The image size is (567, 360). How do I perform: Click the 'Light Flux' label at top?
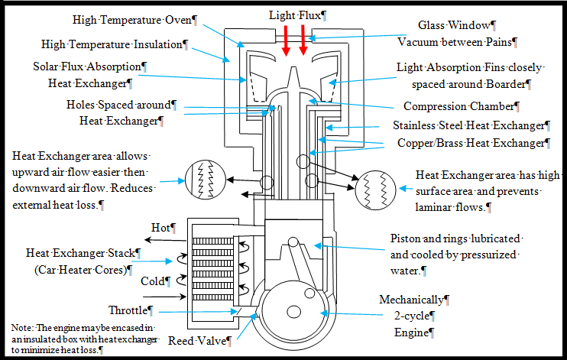(x=296, y=15)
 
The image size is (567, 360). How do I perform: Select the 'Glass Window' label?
(x=456, y=26)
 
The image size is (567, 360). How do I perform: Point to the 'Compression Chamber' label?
(x=461, y=106)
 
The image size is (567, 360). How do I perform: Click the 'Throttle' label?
(x=130, y=311)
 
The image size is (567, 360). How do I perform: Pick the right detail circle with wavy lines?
(x=375, y=186)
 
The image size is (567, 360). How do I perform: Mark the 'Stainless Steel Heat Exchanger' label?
(x=471, y=125)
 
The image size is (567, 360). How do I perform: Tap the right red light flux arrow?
(x=303, y=43)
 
